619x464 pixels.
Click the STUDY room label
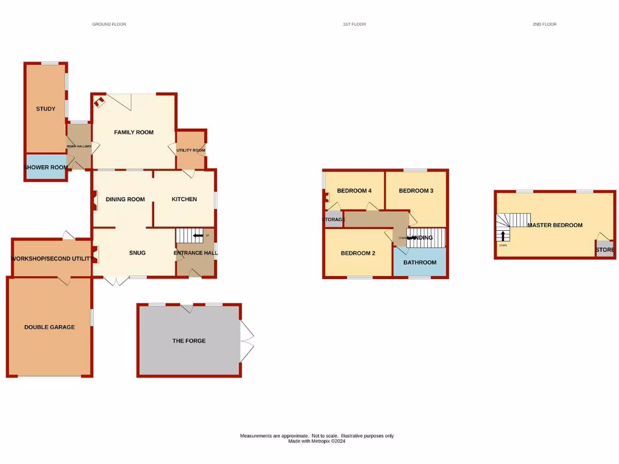point(45,109)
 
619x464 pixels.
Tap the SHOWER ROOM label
point(45,167)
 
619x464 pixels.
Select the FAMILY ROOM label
point(134,132)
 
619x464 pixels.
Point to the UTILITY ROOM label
point(191,150)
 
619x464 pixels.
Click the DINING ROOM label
point(125,199)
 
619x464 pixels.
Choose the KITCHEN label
point(184,199)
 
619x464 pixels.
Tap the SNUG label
point(137,253)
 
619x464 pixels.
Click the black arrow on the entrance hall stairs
point(198,236)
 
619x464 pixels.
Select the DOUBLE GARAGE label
point(50,327)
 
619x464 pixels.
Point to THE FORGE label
point(189,341)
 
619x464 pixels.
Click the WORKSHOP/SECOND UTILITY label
point(52,259)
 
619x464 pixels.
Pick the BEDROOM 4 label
point(354,191)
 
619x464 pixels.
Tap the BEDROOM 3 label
point(416,191)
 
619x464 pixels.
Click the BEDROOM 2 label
point(358,253)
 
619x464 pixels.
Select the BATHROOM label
point(420,262)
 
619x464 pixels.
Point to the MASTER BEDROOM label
point(555,225)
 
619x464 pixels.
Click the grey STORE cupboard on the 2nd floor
point(604,250)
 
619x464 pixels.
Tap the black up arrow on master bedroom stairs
point(502,235)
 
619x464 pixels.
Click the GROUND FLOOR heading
point(109,24)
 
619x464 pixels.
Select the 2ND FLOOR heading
point(545,24)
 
